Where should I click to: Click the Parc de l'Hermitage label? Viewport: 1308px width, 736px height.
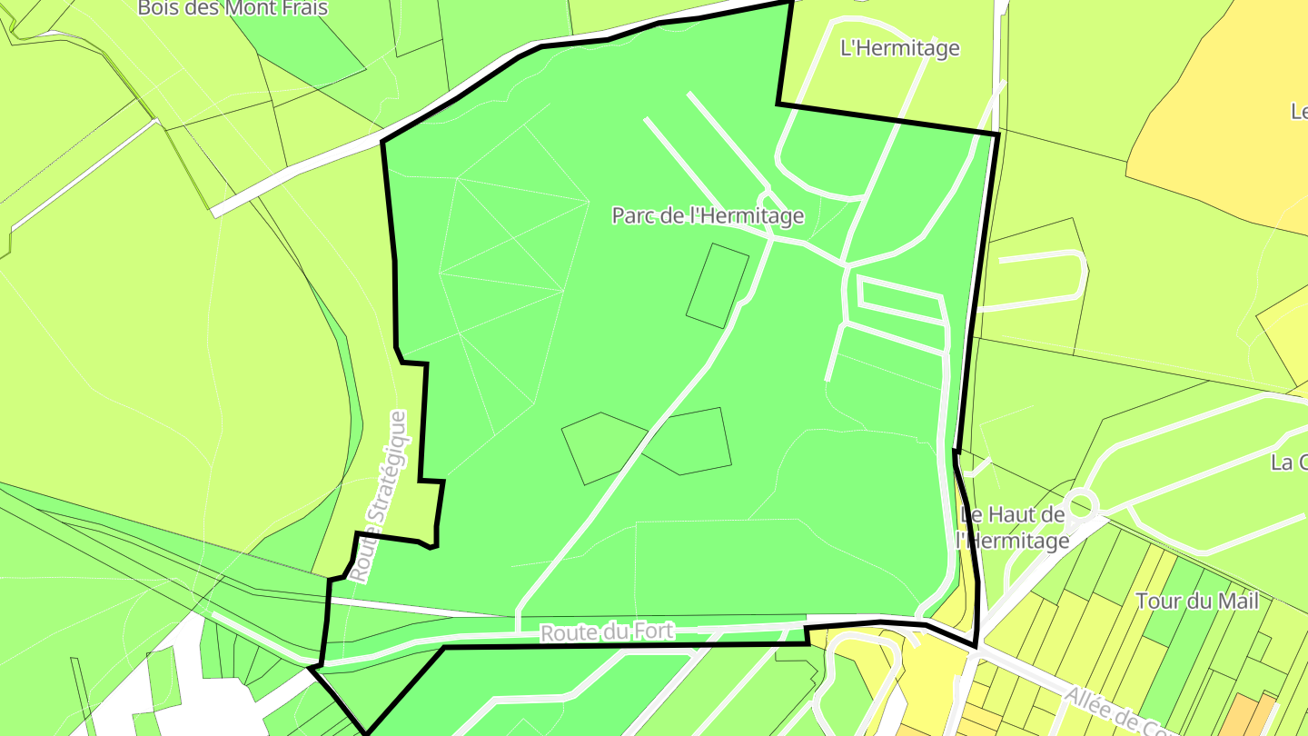[708, 215]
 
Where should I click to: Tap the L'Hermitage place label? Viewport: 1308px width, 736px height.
[899, 48]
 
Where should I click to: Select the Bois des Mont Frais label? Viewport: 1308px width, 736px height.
[233, 8]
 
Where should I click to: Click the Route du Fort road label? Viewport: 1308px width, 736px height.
[607, 632]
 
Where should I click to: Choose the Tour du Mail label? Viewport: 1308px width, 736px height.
[1197, 601]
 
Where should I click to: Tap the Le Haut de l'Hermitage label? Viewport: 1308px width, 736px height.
[1013, 528]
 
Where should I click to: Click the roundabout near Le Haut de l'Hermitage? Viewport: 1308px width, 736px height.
[1080, 503]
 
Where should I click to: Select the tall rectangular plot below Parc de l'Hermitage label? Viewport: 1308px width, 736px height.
[717, 285]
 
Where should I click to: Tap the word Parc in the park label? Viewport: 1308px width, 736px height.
[631, 215]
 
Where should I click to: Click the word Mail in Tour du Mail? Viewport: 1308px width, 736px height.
[1238, 601]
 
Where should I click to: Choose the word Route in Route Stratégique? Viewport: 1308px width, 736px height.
[364, 556]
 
